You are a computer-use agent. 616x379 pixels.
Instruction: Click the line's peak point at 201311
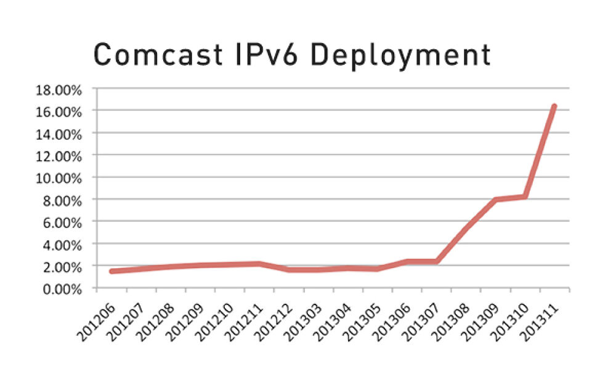click(x=554, y=106)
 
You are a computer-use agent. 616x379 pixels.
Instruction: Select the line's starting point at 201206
click(x=111, y=271)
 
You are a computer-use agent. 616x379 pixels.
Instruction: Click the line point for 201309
click(x=495, y=200)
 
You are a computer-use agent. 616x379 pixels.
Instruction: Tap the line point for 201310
click(x=525, y=197)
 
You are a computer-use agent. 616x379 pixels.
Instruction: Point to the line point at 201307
click(x=436, y=261)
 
